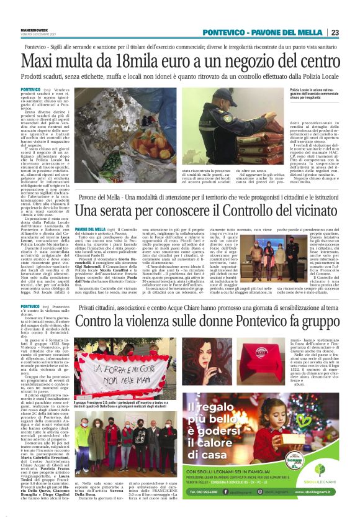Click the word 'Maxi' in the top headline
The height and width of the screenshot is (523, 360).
click(x=38, y=60)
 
